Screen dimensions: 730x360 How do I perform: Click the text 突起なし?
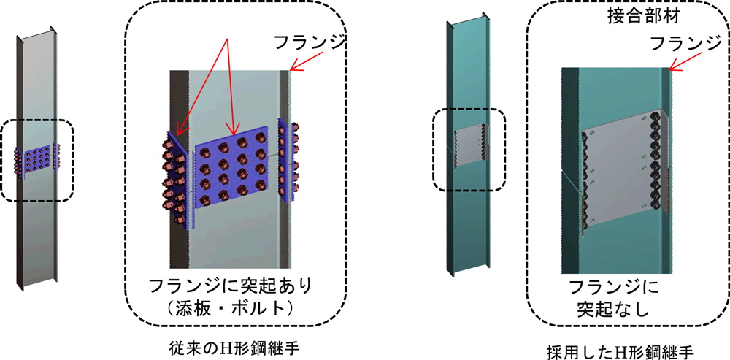[614, 308]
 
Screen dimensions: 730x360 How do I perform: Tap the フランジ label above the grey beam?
[310, 43]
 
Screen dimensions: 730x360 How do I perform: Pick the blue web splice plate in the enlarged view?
[233, 170]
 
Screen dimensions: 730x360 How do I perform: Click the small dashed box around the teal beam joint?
[469, 150]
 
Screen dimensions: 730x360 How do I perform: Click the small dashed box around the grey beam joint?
[36, 161]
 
